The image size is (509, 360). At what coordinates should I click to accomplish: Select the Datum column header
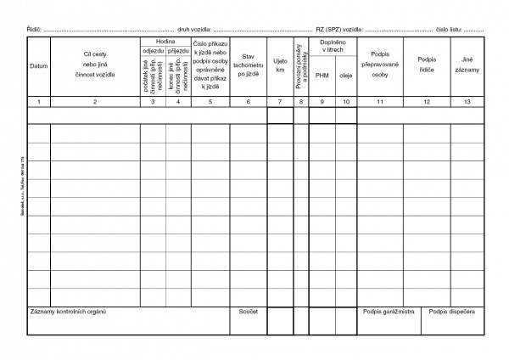pos(38,66)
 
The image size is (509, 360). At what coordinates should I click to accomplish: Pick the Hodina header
pos(165,41)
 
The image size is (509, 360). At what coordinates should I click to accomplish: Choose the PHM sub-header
pos(322,75)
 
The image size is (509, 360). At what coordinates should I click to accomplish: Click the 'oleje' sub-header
pos(345,75)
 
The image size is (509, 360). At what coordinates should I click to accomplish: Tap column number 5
pos(210,102)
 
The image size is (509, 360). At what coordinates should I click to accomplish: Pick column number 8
pos(301,102)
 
